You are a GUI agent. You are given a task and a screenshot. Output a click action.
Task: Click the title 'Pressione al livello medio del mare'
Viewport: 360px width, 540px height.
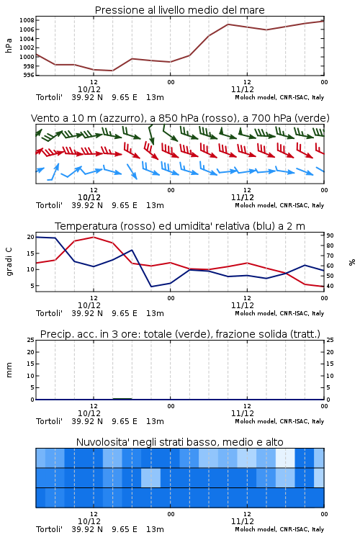(x=179, y=10)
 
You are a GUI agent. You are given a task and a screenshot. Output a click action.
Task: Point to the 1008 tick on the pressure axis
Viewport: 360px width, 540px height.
(x=27, y=20)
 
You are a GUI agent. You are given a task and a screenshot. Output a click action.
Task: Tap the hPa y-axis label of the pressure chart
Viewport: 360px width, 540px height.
(x=9, y=45)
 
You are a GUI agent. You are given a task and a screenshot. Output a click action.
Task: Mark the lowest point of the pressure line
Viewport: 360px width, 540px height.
(x=112, y=71)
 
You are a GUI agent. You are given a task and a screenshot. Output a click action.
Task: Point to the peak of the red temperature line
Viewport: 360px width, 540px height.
(x=94, y=237)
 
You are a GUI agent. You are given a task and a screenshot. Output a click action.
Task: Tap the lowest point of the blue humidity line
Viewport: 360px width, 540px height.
(x=151, y=287)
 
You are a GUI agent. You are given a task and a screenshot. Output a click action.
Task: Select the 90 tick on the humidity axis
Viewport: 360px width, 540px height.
(x=330, y=235)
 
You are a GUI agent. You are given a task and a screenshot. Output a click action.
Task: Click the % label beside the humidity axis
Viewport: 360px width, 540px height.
(x=352, y=262)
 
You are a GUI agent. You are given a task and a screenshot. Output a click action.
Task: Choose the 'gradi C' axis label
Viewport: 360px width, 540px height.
(x=9, y=261)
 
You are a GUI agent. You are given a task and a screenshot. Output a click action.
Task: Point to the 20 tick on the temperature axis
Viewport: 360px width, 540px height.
(x=31, y=237)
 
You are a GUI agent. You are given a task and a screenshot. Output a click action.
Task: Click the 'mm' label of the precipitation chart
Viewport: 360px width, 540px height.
(x=9, y=370)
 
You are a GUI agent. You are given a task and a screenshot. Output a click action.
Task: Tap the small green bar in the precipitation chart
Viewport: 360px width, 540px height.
(x=122, y=399)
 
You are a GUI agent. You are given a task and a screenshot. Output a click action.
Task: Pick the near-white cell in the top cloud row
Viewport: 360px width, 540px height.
(x=285, y=458)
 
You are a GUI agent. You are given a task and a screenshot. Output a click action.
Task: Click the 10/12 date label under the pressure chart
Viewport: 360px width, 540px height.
(x=89, y=89)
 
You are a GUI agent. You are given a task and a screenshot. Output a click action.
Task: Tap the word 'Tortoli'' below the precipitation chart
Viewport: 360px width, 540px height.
(x=49, y=421)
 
